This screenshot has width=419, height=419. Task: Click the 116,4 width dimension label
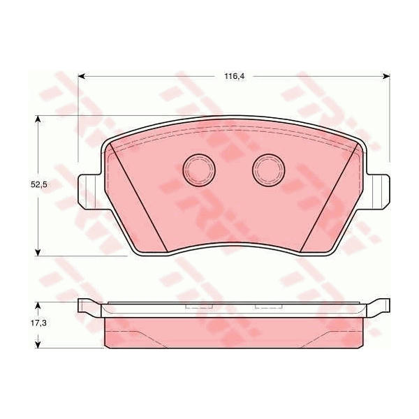[x=235, y=76]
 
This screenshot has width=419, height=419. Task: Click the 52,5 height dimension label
[x=38, y=184]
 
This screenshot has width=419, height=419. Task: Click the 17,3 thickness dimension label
[x=38, y=323]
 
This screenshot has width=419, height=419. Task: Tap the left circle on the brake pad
[x=199, y=170]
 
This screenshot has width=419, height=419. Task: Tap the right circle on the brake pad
[x=268, y=170]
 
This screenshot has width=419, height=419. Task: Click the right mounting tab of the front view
[x=378, y=192]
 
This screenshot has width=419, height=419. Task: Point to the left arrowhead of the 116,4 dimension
[x=81, y=77]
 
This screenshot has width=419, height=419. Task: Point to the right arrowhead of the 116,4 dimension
[x=387, y=77]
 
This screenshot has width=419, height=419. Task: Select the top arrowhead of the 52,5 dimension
[x=38, y=119]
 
